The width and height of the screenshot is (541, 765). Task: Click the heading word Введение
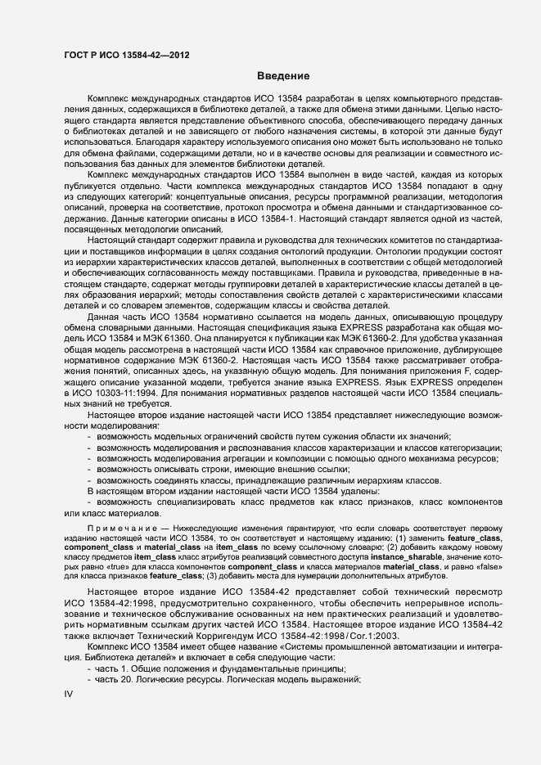click(282, 76)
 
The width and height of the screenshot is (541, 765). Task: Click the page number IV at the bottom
click(69, 695)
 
